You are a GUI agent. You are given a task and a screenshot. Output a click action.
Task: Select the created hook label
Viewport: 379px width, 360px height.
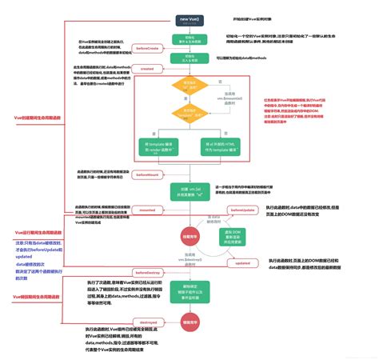[x=148, y=69]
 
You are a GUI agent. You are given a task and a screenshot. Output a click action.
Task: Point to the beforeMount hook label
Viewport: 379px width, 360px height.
[x=149, y=174]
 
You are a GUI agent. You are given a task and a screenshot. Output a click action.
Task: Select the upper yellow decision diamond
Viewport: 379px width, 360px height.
[x=190, y=87]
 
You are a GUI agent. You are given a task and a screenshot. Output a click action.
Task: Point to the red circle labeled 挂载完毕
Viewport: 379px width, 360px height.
[x=190, y=238]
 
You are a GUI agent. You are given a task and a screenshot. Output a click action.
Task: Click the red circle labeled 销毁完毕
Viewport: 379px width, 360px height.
[x=190, y=324]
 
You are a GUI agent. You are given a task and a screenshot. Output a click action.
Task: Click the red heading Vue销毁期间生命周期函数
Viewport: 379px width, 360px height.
[x=34, y=296]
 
